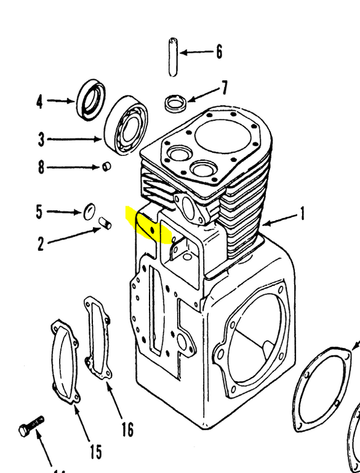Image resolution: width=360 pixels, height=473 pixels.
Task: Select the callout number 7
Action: click(x=225, y=87)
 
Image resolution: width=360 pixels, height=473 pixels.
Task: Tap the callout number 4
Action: click(x=39, y=101)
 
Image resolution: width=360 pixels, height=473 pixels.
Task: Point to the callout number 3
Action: click(x=41, y=140)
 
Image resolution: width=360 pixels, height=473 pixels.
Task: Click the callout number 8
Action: click(x=41, y=167)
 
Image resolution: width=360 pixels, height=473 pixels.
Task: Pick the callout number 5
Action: click(x=39, y=212)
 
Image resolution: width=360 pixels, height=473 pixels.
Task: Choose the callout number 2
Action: click(x=41, y=243)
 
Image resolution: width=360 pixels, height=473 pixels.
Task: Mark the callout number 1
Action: click(x=302, y=215)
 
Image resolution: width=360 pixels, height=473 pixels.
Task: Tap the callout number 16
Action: click(x=127, y=428)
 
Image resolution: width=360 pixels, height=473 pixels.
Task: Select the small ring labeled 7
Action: click(x=175, y=102)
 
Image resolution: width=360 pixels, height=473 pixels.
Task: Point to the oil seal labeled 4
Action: click(x=91, y=99)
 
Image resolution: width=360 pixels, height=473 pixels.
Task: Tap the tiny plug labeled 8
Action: click(x=106, y=166)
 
